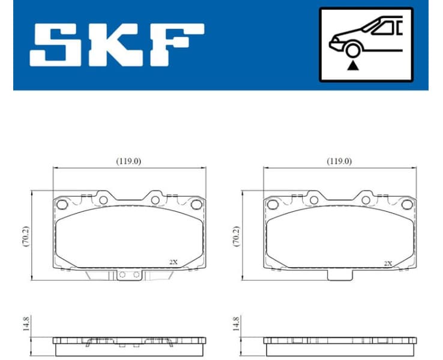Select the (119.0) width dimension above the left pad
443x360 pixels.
point(128,161)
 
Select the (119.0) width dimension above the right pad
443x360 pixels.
point(339,161)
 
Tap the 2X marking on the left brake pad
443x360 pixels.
point(173,262)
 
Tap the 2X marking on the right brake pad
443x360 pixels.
point(388,263)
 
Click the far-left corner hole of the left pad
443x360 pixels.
point(61,205)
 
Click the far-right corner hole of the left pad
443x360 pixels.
point(196,205)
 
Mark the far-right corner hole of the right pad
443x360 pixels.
point(406,205)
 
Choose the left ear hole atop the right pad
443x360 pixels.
point(313,199)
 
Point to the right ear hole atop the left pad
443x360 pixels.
point(154,199)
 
